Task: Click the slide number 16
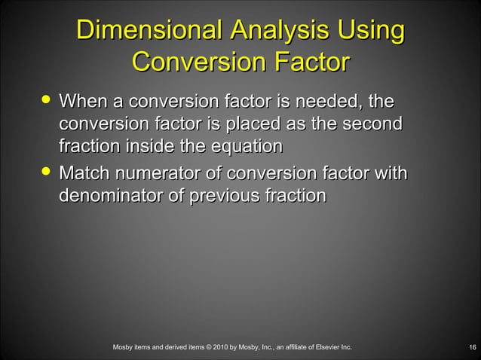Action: (x=471, y=347)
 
